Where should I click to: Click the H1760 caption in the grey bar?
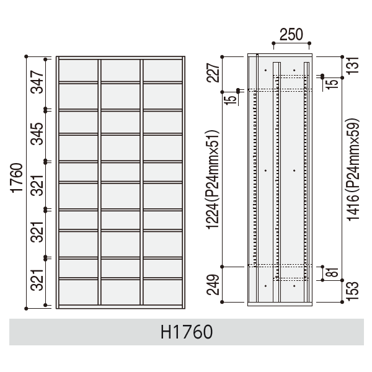pyautogui.click(x=187, y=332)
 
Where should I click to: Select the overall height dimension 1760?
pyautogui.click(x=17, y=178)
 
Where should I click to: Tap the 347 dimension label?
pyautogui.click(x=37, y=82)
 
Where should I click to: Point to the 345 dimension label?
pyautogui.click(x=37, y=134)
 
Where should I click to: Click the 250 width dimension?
pyautogui.click(x=291, y=35)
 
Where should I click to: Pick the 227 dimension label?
pyautogui.click(x=213, y=73)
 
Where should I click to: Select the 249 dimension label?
pyautogui.click(x=213, y=285)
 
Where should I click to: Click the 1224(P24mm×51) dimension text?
pyautogui.click(x=213, y=179)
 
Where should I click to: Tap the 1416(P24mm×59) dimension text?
pyautogui.click(x=353, y=170)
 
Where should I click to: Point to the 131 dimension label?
pyautogui.click(x=353, y=66)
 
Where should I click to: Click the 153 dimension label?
pyautogui.click(x=353, y=291)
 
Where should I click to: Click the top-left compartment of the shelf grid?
pyautogui.click(x=78, y=71)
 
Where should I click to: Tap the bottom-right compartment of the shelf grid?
pyautogui.click(x=162, y=292)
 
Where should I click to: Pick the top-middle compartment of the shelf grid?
pyautogui.click(x=120, y=71)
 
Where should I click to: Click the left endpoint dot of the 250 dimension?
pyautogui.click(x=273, y=43)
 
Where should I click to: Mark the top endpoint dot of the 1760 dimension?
pyautogui.click(x=26, y=56)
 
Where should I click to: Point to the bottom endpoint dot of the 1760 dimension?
pyautogui.click(x=26, y=308)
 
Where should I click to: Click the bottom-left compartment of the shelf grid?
pyautogui.click(x=78, y=292)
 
